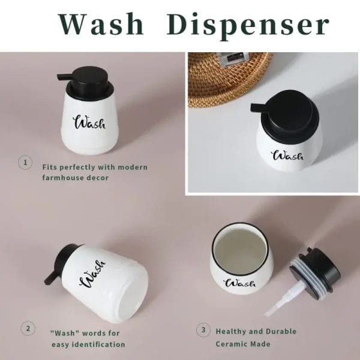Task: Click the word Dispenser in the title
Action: (x=248, y=26)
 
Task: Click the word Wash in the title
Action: (x=101, y=24)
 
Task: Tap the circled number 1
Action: (x=25, y=163)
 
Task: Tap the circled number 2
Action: (x=28, y=328)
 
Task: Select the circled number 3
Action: (x=203, y=330)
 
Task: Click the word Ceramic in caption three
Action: (x=231, y=344)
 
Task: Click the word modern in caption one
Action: (x=133, y=167)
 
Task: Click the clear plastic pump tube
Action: (x=284, y=298)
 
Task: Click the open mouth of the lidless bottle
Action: (x=241, y=250)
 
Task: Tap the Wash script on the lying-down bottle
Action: (x=92, y=274)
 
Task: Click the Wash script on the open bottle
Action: (x=240, y=283)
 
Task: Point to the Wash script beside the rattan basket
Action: (x=287, y=155)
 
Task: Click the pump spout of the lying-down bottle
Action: (x=50, y=277)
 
